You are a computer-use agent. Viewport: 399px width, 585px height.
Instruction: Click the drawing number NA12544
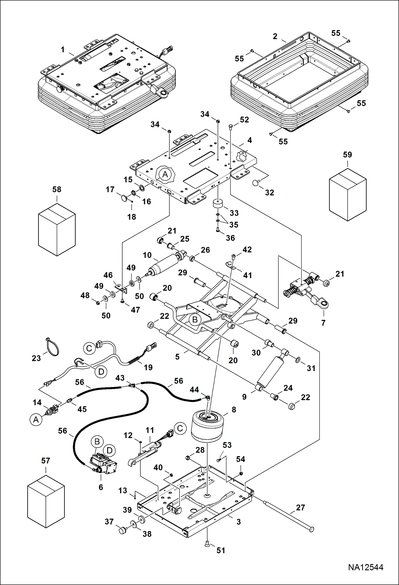pos(365,567)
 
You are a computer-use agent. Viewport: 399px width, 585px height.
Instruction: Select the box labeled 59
pos(348,195)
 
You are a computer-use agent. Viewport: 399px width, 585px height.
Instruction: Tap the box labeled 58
pos(57,229)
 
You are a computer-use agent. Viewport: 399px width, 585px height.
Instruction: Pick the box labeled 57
pos(46,501)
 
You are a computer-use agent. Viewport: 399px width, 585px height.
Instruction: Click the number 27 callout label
pos(300,507)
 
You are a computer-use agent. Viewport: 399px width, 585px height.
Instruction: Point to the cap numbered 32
pos(256,183)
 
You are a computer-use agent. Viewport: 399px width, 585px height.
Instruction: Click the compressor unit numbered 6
pos(103,464)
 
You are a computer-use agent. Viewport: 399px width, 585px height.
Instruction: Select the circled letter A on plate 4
pos(165,174)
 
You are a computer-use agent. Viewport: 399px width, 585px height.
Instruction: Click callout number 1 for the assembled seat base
pos(63,50)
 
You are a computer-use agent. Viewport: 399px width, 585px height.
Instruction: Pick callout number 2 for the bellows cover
pos(275,36)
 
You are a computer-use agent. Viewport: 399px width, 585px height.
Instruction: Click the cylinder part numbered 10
pos(163,265)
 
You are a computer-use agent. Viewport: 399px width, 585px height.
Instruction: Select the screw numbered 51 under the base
pos(207,544)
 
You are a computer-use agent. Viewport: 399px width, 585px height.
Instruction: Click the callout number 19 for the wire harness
pos(148,367)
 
